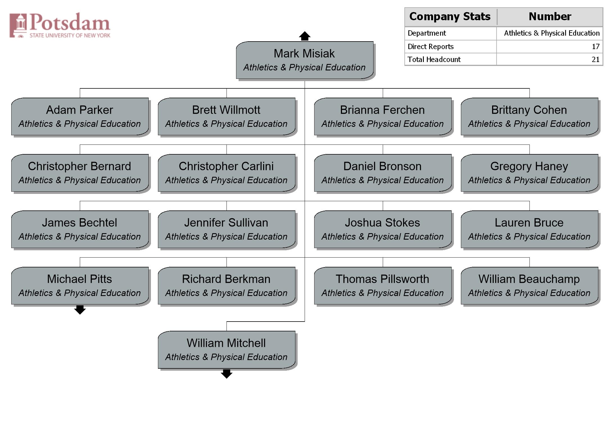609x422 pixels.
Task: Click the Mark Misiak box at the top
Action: (305, 60)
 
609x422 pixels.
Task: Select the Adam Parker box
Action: (80, 116)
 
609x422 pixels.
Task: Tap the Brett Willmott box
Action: (227, 116)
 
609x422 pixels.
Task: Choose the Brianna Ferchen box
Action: (383, 116)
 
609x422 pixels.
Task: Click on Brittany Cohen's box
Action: (529, 116)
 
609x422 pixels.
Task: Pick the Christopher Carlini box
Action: (227, 173)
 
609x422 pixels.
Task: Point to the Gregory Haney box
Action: (529, 173)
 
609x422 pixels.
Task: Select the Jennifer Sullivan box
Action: (227, 229)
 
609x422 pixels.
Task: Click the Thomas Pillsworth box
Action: (383, 286)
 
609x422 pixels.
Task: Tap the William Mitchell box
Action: (227, 350)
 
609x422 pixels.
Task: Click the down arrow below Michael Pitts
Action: (80, 310)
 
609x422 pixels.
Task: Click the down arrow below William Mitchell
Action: (227, 374)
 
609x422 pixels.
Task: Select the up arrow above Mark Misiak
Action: (305, 36)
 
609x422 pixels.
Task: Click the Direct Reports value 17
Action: (596, 47)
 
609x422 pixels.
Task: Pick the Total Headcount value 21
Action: (596, 59)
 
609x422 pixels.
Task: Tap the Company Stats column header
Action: (450, 17)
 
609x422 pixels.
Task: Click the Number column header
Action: (550, 17)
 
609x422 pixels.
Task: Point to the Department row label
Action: (427, 33)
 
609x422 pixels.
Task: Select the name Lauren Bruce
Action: (529, 223)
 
